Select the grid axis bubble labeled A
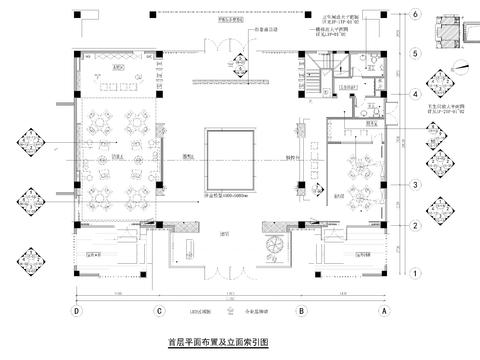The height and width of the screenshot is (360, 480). pyautogui.click(x=384, y=311)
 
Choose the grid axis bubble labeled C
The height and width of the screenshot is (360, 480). pyautogui.click(x=158, y=311)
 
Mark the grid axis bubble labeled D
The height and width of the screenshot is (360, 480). pyautogui.click(x=75, y=311)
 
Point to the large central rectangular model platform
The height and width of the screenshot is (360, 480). pyautogui.click(x=231, y=157)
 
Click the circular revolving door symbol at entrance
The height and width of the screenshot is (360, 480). pyautogui.click(x=270, y=246)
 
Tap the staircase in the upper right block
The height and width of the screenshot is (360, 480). pyautogui.click(x=320, y=75)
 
